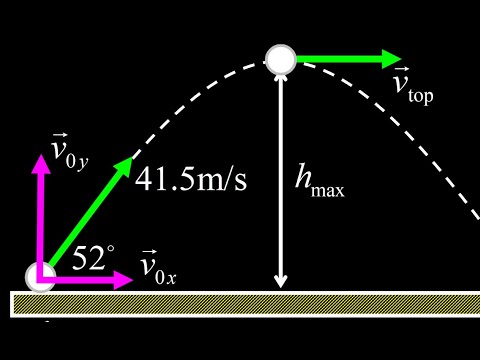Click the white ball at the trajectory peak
point(281,58)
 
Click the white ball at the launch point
point(40,277)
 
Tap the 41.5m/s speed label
point(192,181)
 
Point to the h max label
point(319,180)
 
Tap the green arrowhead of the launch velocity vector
point(126,165)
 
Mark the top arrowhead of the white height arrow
point(281,78)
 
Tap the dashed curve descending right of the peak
point(420,140)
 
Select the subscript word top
point(421,99)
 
